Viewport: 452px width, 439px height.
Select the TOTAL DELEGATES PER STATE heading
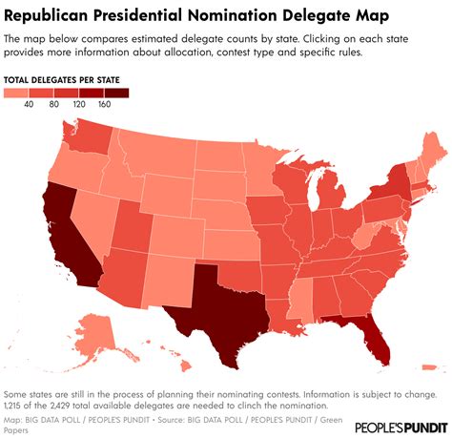(x=65, y=78)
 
